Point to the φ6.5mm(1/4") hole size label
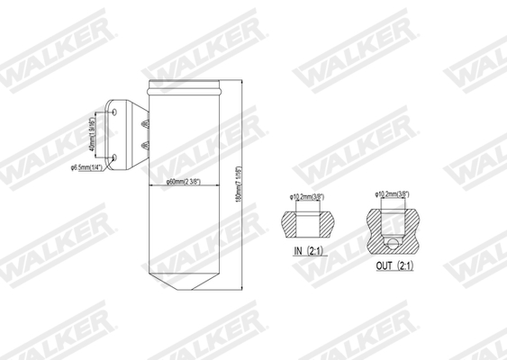[x=89, y=167]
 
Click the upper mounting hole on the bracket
[x=114, y=110]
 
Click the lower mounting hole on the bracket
[x=114, y=158]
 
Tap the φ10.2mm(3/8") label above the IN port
[x=307, y=196]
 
